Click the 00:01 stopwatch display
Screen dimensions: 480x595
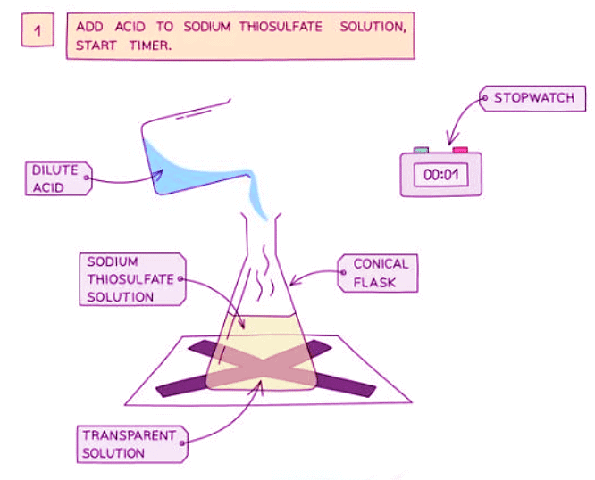coord(440,175)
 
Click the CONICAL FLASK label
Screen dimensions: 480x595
coord(380,273)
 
